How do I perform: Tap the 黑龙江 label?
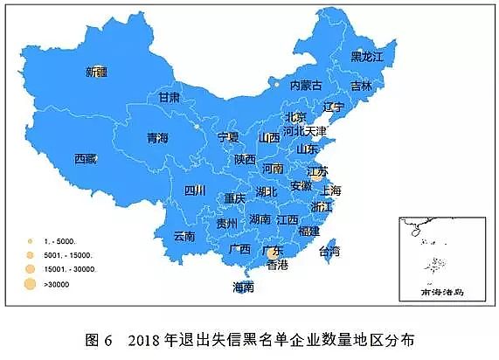[x=367, y=57]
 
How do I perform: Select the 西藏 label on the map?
[x=85, y=159]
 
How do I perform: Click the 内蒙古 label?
[x=306, y=85]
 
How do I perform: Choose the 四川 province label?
[x=194, y=190]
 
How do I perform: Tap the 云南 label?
[x=184, y=236]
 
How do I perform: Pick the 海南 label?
[x=243, y=287]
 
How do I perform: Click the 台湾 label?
[x=329, y=252]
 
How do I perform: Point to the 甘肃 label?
[x=169, y=97]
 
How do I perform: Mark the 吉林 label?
[x=361, y=86]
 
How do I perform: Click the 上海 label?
[x=331, y=190]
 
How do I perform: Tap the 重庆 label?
[x=235, y=199]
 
